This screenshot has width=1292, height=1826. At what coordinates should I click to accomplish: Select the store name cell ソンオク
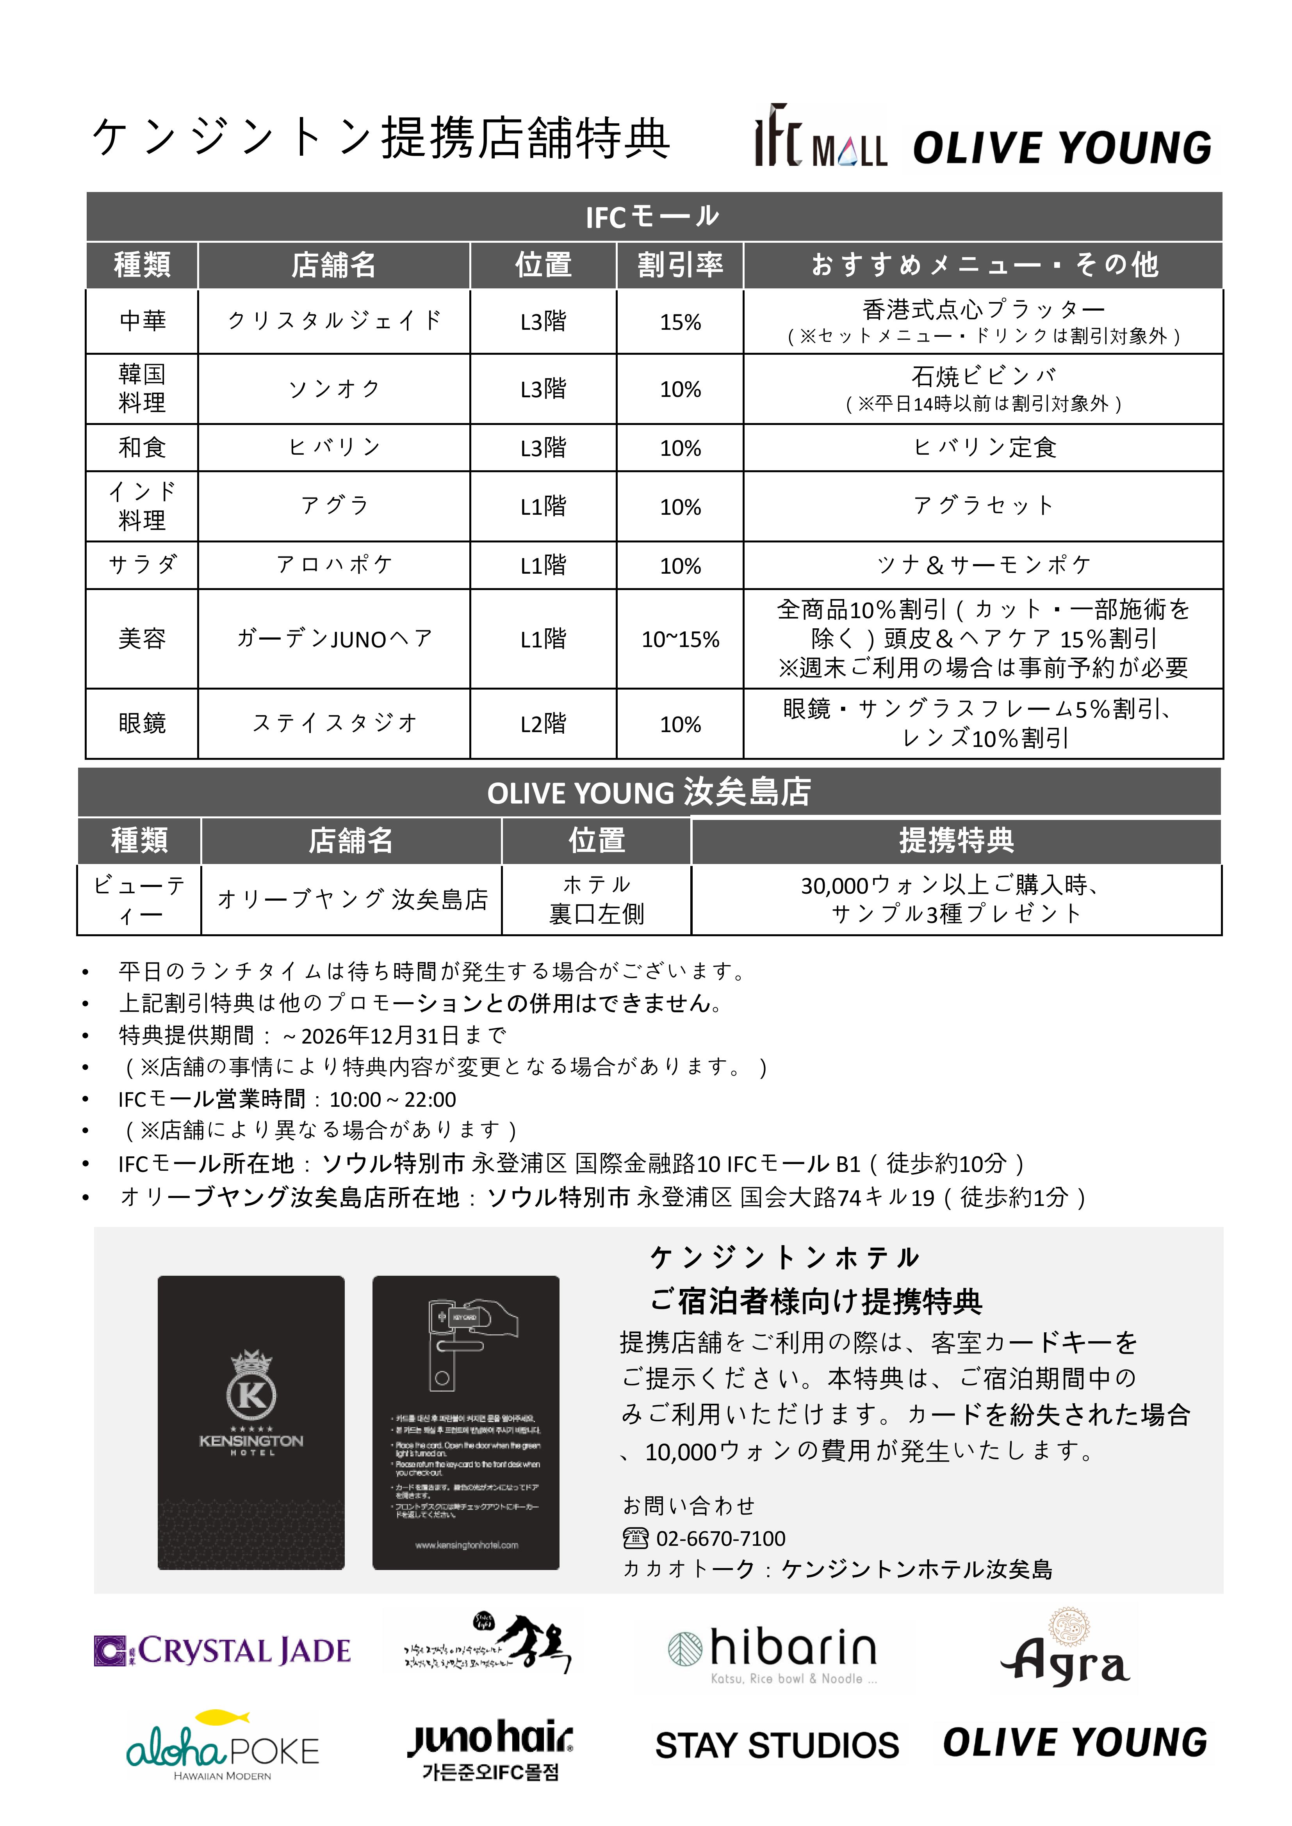[334, 389]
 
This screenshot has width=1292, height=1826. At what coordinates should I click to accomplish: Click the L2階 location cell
[544, 724]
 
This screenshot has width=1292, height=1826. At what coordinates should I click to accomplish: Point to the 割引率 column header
[680, 265]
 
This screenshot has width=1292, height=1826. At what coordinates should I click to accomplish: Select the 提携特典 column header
[956, 841]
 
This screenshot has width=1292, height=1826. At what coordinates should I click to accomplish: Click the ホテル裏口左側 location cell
[597, 900]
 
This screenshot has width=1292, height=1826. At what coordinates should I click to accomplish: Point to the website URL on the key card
[466, 1545]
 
